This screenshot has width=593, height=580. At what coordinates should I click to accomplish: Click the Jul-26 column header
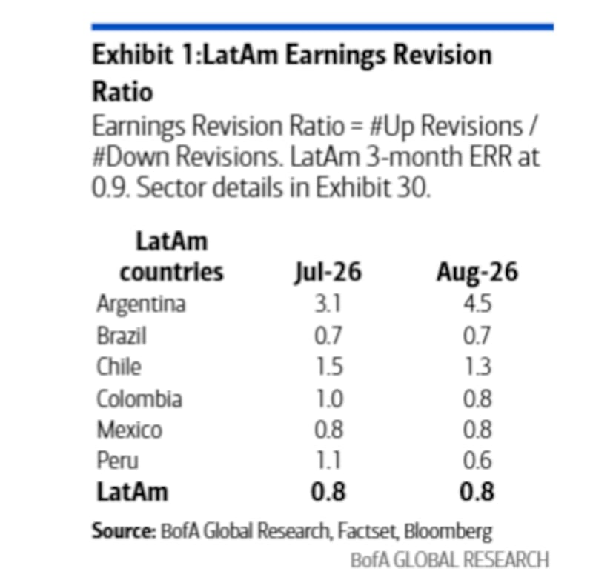328,273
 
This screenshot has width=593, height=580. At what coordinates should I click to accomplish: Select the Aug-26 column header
477,272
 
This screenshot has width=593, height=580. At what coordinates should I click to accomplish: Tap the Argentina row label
141,304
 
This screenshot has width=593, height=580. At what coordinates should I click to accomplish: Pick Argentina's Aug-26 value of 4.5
477,304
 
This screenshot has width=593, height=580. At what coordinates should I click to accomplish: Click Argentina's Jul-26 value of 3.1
328,304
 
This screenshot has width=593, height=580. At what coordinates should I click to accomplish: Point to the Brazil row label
122,336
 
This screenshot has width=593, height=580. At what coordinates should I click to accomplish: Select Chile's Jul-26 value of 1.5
329,367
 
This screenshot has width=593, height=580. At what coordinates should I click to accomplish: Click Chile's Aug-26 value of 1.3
478,367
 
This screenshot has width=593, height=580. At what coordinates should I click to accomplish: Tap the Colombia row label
139,399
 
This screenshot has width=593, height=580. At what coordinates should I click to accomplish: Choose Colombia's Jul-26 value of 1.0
329,399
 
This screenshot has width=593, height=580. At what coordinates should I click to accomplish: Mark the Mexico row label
129,430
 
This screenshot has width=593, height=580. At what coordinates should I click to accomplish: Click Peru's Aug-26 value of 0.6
477,460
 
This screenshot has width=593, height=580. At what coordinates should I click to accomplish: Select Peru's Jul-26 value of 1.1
328,460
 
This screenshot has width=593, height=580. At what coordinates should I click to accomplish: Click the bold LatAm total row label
133,492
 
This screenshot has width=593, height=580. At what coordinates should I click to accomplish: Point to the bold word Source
124,531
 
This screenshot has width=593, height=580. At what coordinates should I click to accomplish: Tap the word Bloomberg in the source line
448,532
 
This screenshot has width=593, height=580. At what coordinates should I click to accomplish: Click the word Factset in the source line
367,531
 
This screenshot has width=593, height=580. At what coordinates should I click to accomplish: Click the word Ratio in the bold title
122,92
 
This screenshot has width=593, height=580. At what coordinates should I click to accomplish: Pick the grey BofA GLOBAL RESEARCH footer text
450,560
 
